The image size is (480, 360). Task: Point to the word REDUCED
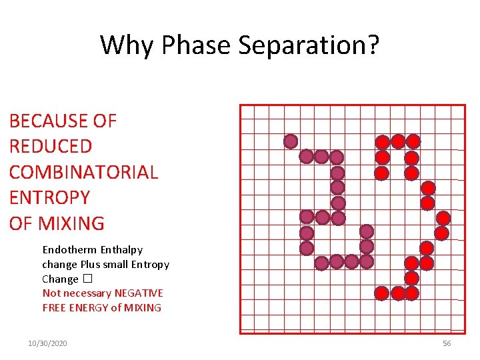pyautogui.click(x=51, y=146)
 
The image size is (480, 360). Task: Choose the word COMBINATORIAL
pyautogui.click(x=83, y=172)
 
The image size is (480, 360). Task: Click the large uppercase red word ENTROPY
pyautogui.click(x=49, y=197)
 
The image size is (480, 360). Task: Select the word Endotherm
pyautogui.click(x=69, y=249)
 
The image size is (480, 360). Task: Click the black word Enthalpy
pyautogui.click(x=121, y=249)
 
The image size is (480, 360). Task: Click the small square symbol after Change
pyautogui.click(x=87, y=279)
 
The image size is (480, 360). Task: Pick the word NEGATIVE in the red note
pyautogui.click(x=139, y=293)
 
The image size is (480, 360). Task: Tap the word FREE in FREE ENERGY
pyautogui.click(x=54, y=307)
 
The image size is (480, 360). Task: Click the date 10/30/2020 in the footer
pyautogui.click(x=47, y=343)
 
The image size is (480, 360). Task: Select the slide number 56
pyautogui.click(x=447, y=343)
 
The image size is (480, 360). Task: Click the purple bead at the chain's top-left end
pyautogui.click(x=291, y=141)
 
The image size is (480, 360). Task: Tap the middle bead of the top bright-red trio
pyautogui.click(x=398, y=141)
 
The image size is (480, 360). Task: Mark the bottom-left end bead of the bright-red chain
pyautogui.click(x=381, y=293)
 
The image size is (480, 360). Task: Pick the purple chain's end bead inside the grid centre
pyautogui.click(x=366, y=231)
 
